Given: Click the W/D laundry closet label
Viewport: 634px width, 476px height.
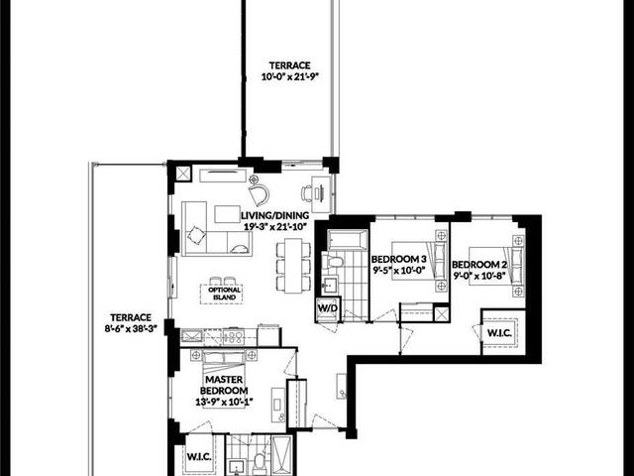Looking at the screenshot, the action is click(328, 308).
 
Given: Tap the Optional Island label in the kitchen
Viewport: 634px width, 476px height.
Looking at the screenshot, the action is click(225, 294).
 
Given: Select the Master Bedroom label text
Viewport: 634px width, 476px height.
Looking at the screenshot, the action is click(224, 385).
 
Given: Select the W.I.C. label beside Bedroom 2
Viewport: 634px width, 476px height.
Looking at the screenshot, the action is click(499, 333).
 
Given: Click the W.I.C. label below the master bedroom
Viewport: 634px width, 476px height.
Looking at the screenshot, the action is click(199, 457).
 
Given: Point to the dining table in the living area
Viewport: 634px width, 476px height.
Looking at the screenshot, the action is click(293, 266).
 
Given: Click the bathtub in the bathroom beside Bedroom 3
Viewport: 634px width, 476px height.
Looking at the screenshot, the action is click(348, 240).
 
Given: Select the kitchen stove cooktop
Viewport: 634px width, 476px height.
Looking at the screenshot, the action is click(233, 337).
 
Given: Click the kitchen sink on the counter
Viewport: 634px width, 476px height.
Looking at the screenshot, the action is click(191, 336).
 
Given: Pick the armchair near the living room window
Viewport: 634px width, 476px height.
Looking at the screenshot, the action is click(259, 194).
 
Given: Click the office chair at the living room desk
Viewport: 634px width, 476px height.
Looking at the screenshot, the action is click(307, 193).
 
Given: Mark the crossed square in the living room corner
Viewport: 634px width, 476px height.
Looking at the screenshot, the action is click(183, 175).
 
